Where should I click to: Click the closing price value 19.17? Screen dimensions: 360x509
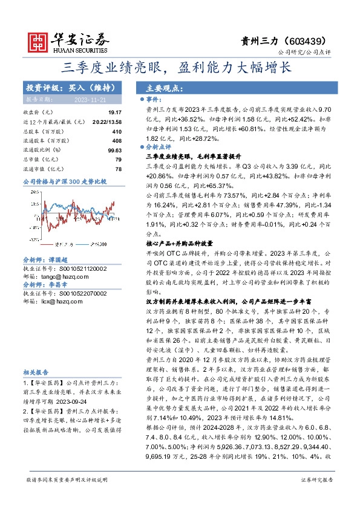pos(115,112)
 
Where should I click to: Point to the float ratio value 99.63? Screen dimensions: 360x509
pos(114,149)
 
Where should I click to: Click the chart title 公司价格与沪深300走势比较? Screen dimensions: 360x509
pos(64,181)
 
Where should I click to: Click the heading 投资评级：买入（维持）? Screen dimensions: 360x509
pos(63,87)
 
